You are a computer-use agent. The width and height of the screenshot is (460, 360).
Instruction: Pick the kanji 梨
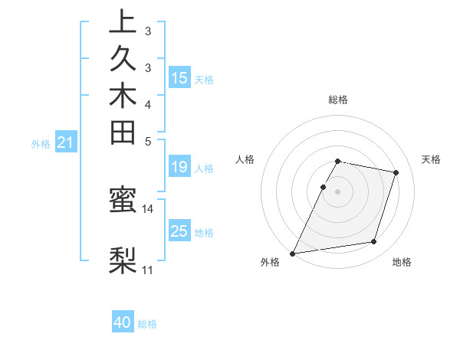123,260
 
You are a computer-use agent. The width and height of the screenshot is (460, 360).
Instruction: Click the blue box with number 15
179,77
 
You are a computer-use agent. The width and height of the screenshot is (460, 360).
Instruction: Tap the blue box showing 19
179,168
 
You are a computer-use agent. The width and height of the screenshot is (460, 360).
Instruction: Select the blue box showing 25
179,231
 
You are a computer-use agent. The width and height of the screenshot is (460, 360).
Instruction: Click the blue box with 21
66,142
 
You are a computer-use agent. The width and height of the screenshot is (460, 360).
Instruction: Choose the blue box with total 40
123,322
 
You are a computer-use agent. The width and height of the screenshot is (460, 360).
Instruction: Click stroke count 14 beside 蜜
148,208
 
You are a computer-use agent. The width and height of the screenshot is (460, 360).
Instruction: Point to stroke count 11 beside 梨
148,270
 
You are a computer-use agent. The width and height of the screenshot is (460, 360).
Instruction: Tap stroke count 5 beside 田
148,141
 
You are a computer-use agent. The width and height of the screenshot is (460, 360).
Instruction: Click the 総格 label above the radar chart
337,100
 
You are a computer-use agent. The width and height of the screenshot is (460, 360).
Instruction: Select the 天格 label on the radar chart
431,159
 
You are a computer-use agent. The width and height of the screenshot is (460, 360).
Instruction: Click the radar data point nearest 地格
374,242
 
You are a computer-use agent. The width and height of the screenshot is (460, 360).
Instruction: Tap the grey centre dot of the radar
337,191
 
